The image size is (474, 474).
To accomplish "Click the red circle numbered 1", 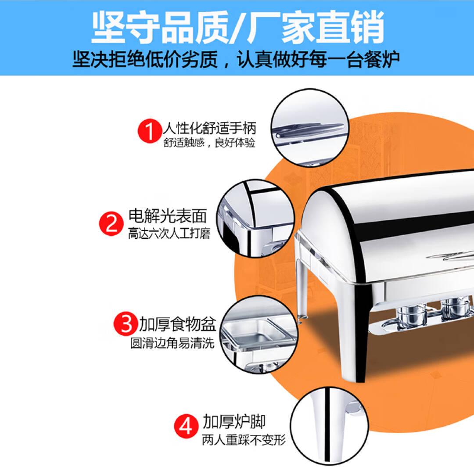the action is point(150,131).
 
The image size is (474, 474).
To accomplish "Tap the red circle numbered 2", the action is point(111,223).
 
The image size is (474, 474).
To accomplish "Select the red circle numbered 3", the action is point(126,323).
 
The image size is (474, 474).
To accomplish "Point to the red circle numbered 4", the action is point(187,426).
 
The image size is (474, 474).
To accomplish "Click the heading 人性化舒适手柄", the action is point(209,128).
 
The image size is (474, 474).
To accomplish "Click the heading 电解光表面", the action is point(168,216).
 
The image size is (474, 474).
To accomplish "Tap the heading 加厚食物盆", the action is point(177,324).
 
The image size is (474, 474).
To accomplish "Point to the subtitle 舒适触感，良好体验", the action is point(209,143).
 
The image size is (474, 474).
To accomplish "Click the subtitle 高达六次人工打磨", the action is point(169,233).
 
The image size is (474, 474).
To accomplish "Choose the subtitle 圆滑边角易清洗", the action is point(172,343).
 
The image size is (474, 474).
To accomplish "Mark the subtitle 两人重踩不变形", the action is point(244,440).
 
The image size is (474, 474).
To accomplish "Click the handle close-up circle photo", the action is point(310,128).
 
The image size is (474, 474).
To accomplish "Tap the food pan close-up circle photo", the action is point(259,334).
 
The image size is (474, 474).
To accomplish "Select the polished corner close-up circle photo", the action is point(256,219).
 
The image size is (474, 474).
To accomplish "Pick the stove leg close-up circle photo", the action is point(330,427).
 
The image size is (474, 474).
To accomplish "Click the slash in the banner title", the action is point(238,28).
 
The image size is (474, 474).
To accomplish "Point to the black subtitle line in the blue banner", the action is point(236,59).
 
